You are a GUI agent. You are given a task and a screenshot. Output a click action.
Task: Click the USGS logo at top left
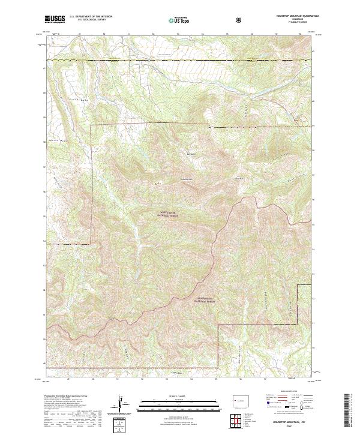click(54, 20)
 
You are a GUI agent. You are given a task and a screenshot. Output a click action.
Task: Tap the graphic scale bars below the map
click(180, 403)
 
